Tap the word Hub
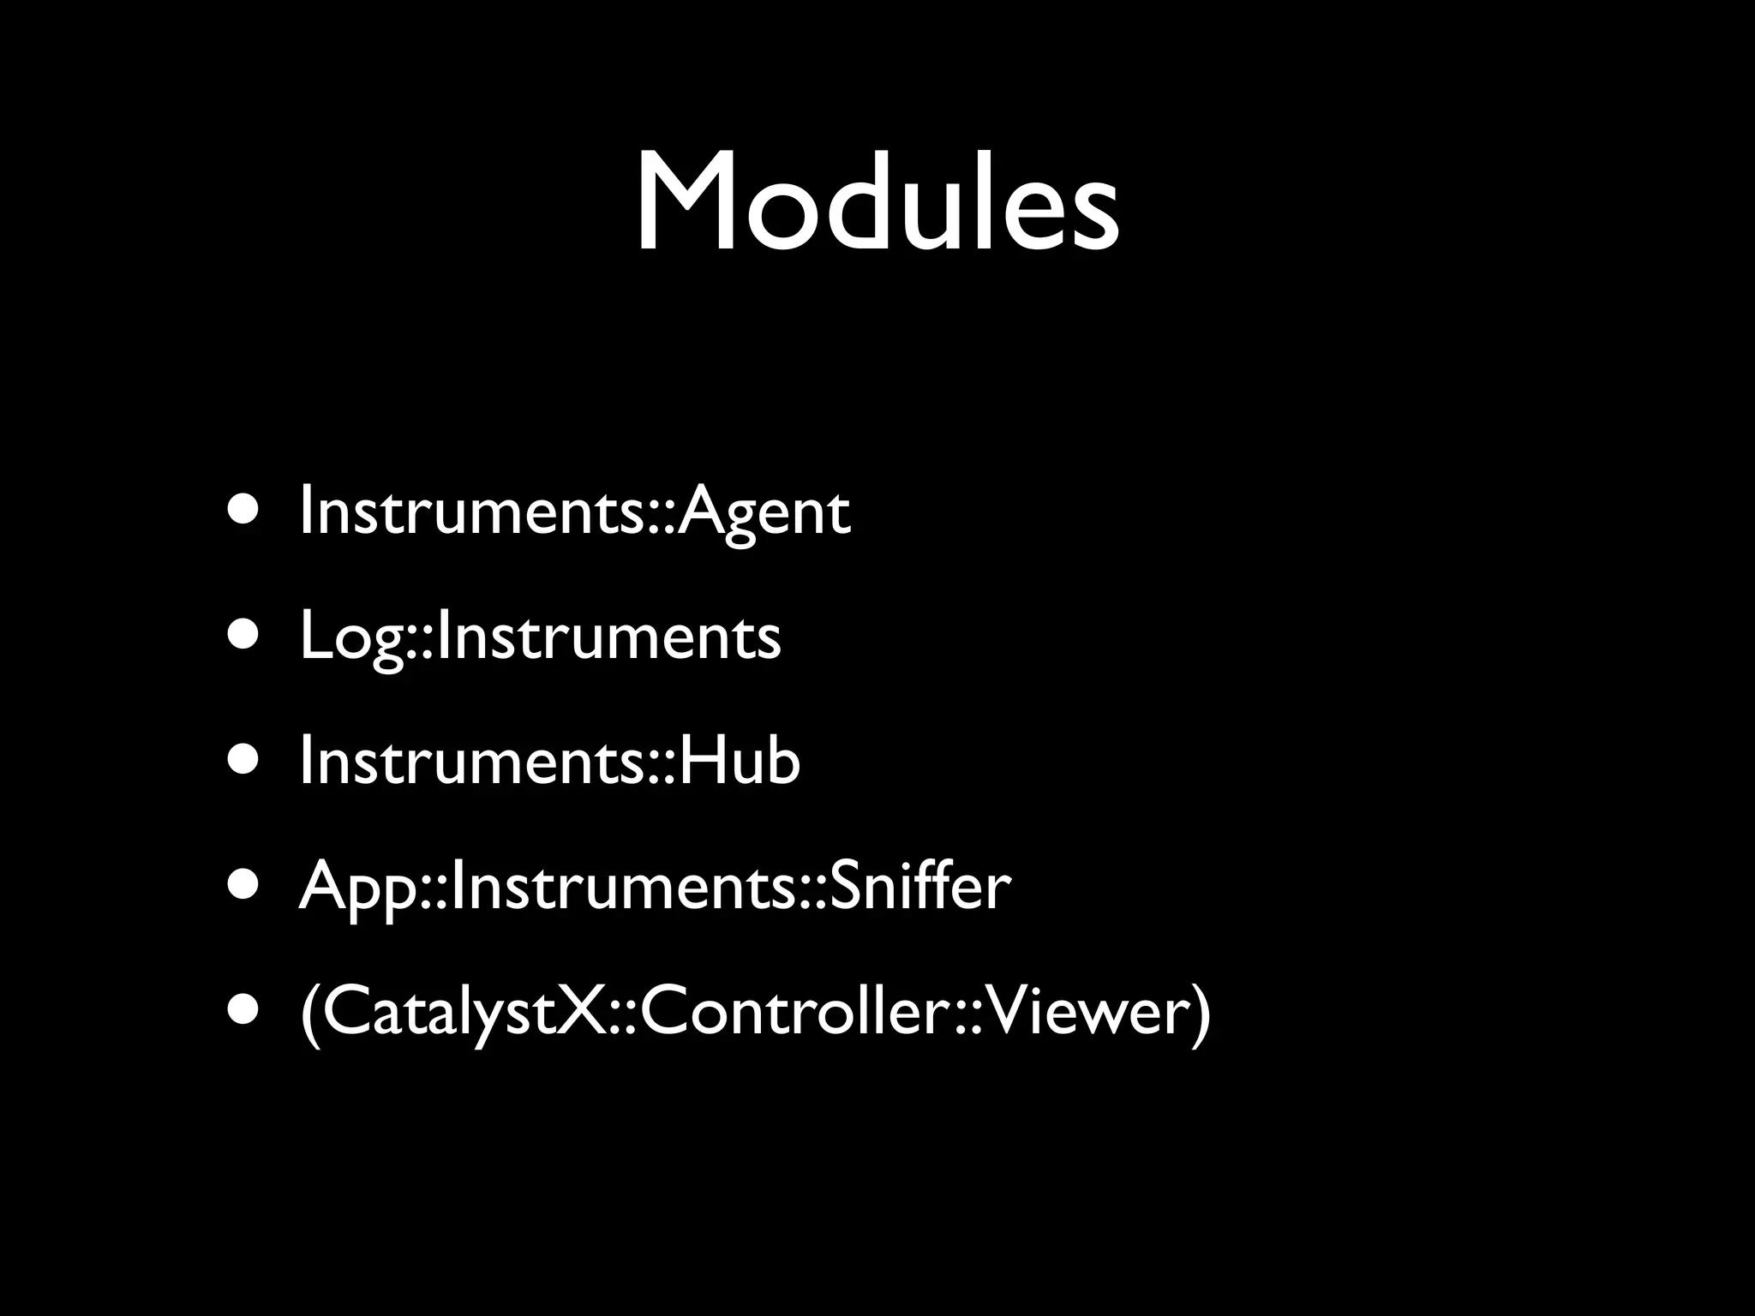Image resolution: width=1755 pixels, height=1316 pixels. [740, 762]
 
